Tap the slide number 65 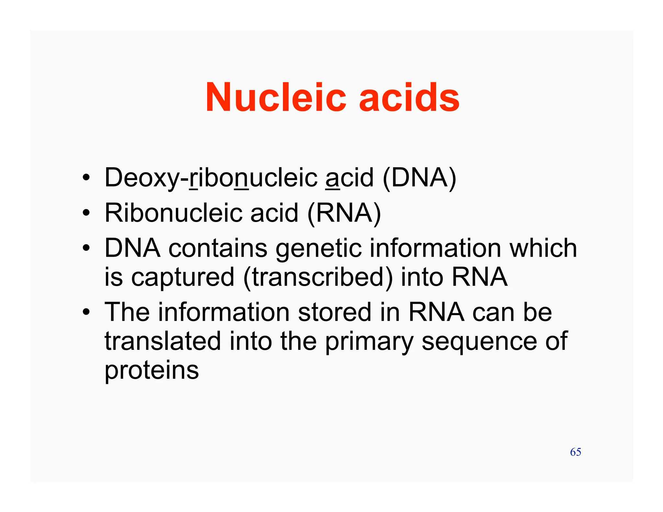[575, 452]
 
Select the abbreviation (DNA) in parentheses [419, 178]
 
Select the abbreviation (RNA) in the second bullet [344, 213]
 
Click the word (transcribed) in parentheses [318, 277]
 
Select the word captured [183, 277]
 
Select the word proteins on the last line [152, 371]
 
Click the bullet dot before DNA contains [86, 248]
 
